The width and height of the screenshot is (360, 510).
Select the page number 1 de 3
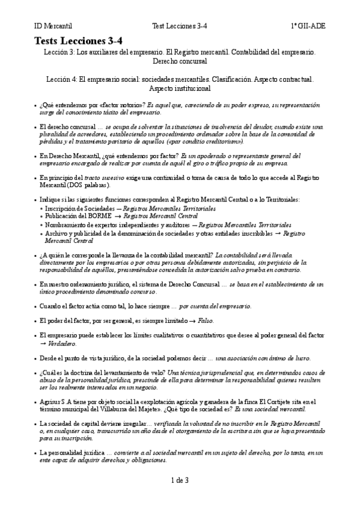tap(180, 480)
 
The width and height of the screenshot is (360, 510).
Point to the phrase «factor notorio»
tap(123, 105)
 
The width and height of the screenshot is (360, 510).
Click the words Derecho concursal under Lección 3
tap(180, 61)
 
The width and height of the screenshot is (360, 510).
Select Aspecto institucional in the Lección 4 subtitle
tap(180, 88)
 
